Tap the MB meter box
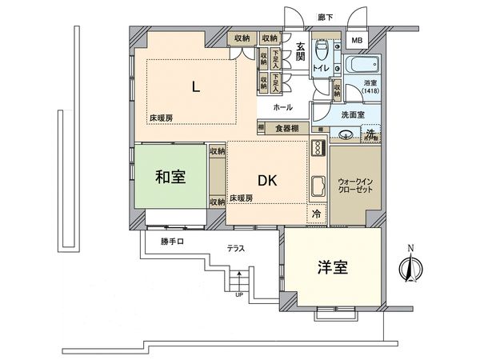pyautogui.click(x=357, y=42)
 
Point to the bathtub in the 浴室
pyautogui.click(x=364, y=66)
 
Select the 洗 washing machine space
pyautogui.click(x=371, y=134)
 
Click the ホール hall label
pyautogui.click(x=282, y=106)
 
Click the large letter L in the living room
pyautogui.click(x=194, y=87)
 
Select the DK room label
pyautogui.click(x=267, y=180)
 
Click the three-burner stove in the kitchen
pyautogui.click(x=317, y=149)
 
